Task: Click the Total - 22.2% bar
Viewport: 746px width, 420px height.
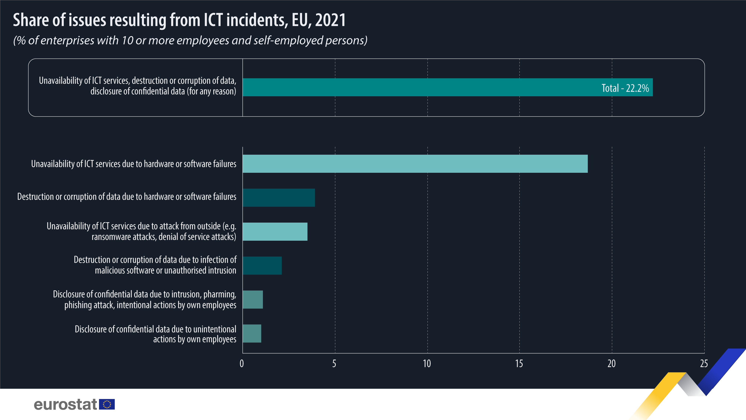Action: pos(420,87)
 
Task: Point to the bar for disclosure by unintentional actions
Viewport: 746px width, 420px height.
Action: pos(252,333)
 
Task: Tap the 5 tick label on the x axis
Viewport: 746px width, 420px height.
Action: pos(334,363)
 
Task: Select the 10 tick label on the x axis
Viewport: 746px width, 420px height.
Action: pos(427,363)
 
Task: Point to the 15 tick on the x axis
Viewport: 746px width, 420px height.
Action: pos(519,363)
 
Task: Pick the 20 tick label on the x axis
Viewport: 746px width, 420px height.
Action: pos(611,363)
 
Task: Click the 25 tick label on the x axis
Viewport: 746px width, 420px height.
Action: pos(704,363)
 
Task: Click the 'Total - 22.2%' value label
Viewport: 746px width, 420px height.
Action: pos(625,88)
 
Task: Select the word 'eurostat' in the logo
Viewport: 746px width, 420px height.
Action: pos(65,404)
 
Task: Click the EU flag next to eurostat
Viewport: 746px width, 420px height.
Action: pos(107,404)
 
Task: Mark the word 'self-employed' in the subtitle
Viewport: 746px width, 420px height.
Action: pos(298,40)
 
